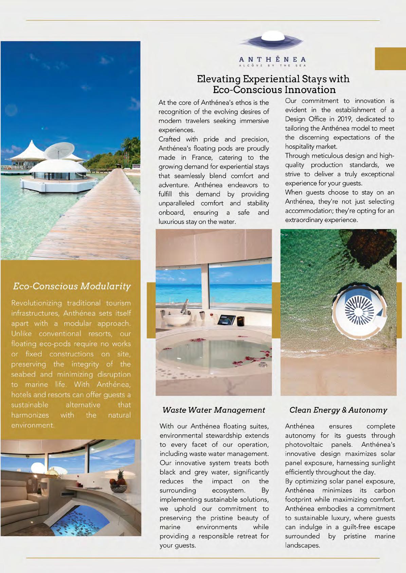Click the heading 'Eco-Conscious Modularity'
tap(72, 286)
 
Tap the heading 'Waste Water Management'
tap(214, 410)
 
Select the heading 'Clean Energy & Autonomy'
tap(338, 410)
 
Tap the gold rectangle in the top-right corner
tap(390, 59)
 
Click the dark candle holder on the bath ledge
tap(240, 321)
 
